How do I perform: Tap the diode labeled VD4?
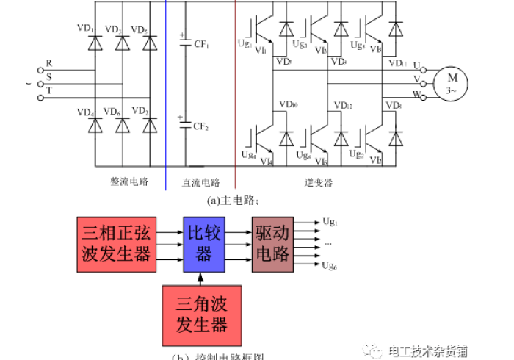95,126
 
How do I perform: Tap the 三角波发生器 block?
201,315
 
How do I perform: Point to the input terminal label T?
48,88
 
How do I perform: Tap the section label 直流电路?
200,181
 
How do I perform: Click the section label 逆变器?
319,181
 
